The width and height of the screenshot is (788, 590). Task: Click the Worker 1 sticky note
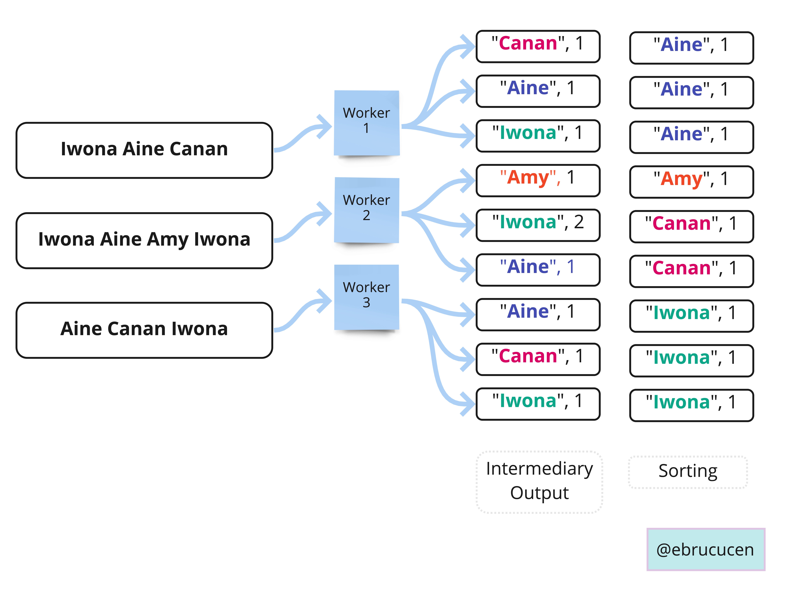367,123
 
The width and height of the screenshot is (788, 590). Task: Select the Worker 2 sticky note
367,210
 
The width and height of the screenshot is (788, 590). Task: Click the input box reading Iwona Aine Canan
144,150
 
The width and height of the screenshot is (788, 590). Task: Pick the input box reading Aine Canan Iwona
144,330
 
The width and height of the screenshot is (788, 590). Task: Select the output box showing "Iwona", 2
538,225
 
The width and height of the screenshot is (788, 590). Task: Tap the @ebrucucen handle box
705,549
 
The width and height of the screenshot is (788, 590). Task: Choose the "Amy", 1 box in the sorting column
691,182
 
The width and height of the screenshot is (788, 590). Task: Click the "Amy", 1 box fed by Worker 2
538,180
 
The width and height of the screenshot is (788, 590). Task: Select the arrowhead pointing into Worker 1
325,126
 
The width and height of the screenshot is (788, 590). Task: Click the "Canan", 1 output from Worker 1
538,46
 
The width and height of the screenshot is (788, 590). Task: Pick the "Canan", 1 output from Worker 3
538,359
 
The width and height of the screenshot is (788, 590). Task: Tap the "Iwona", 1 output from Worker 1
538,136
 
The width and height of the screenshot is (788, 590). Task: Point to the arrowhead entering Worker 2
325,214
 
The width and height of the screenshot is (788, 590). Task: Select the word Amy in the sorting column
681,179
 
